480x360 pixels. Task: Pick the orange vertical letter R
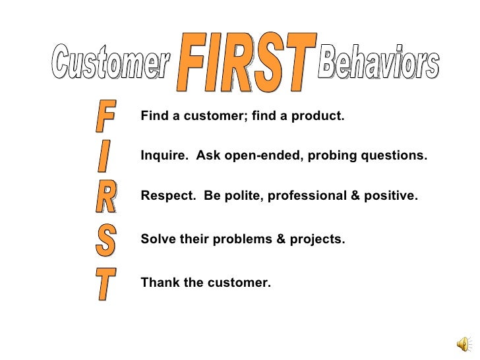point(106,196)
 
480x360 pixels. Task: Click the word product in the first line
point(319,117)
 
